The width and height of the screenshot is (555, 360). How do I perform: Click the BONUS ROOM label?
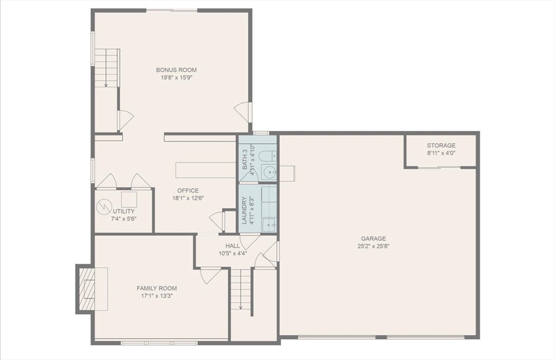pos(176,69)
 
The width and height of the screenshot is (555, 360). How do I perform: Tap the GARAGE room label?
pos(373,238)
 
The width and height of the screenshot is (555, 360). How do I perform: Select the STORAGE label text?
pos(441,145)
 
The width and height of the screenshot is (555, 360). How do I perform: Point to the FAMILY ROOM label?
pos(157,288)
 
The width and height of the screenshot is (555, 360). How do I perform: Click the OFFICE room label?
pos(188,190)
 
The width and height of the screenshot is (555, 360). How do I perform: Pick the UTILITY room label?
pos(124,211)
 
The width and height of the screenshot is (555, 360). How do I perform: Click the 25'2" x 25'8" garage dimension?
pos(373,246)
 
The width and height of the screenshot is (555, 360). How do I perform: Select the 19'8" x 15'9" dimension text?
pos(176,78)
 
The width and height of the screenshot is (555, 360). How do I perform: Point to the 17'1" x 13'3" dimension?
pos(157,296)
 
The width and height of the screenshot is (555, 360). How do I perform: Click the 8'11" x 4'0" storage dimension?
pos(441,153)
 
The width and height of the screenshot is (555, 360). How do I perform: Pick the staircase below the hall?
pos(241,290)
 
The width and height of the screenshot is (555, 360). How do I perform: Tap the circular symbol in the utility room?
pos(103,207)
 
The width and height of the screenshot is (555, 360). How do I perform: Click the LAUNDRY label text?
pos(244,210)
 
